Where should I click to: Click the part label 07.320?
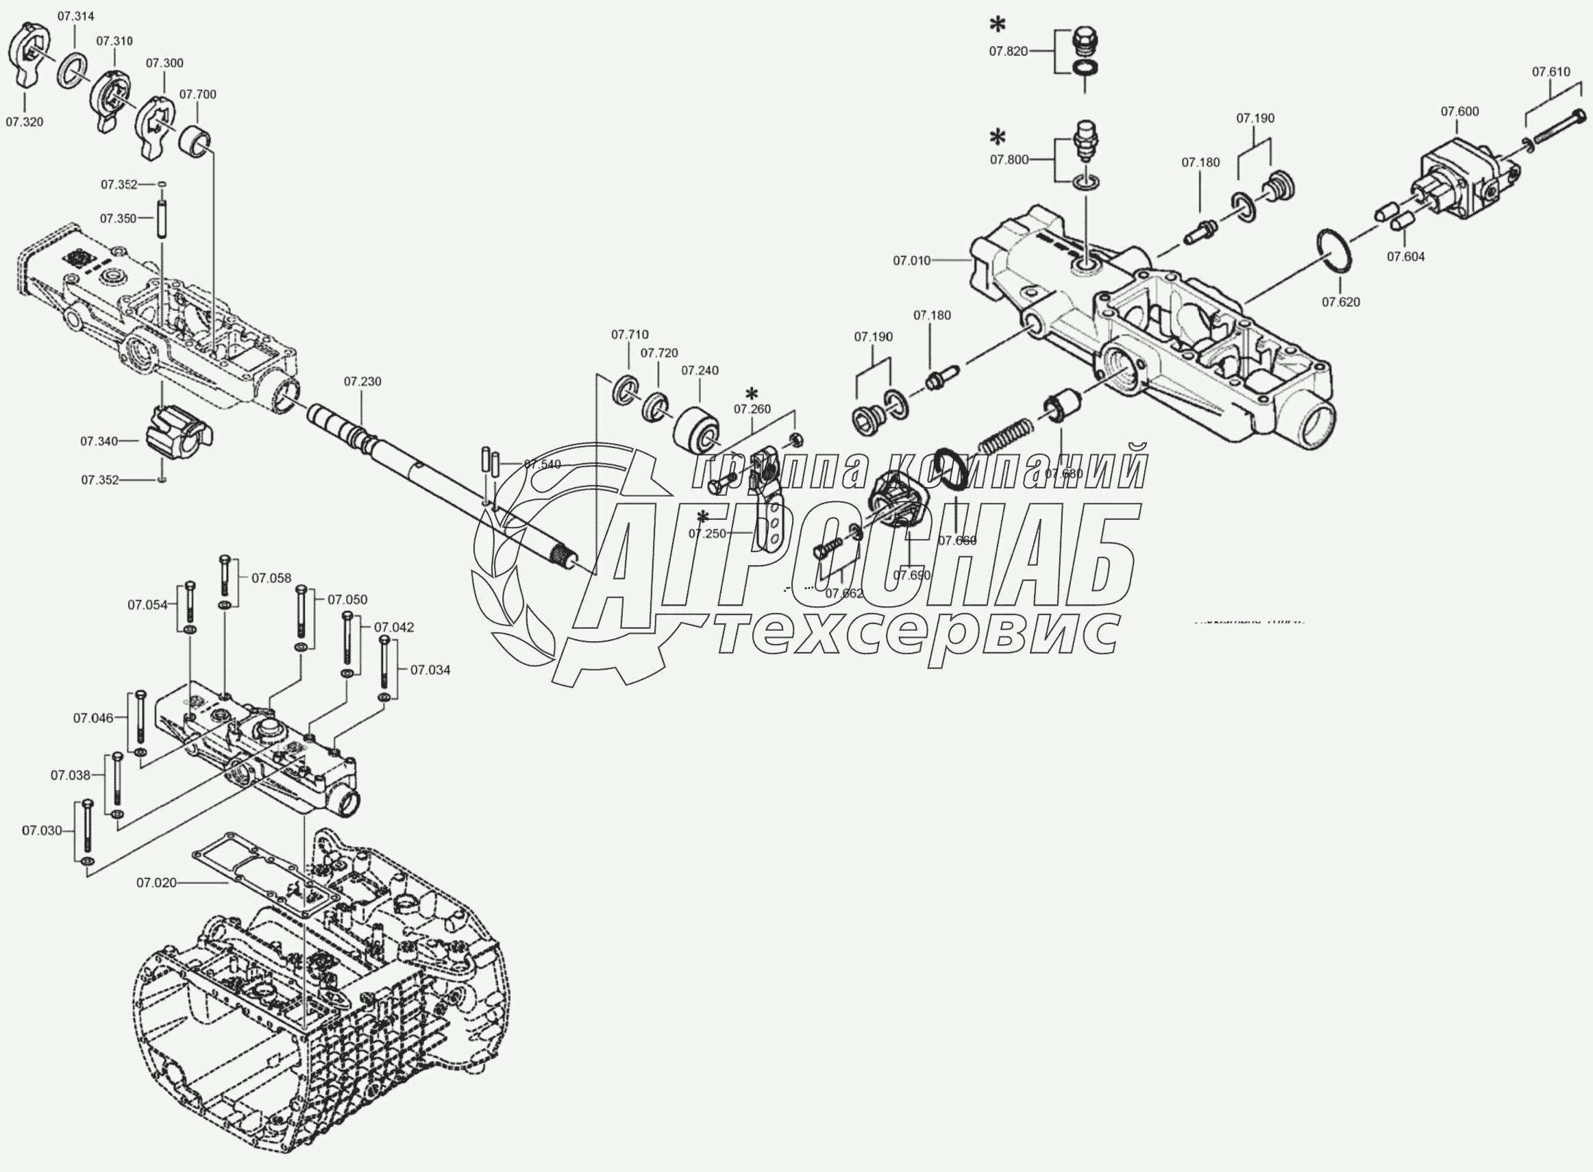(24, 122)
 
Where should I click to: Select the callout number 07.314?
(76, 16)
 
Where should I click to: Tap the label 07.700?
(197, 95)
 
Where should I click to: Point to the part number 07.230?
(362, 382)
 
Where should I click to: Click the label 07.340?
(99, 441)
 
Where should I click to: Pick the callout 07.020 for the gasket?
(156, 882)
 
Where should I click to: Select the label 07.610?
(1551, 72)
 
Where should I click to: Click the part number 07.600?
(1459, 112)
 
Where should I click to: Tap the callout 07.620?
(1340, 302)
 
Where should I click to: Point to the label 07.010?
(912, 261)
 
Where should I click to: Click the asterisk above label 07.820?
(998, 25)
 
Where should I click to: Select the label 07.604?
(1406, 257)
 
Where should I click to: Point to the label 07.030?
(42, 830)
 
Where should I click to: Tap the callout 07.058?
(271, 578)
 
